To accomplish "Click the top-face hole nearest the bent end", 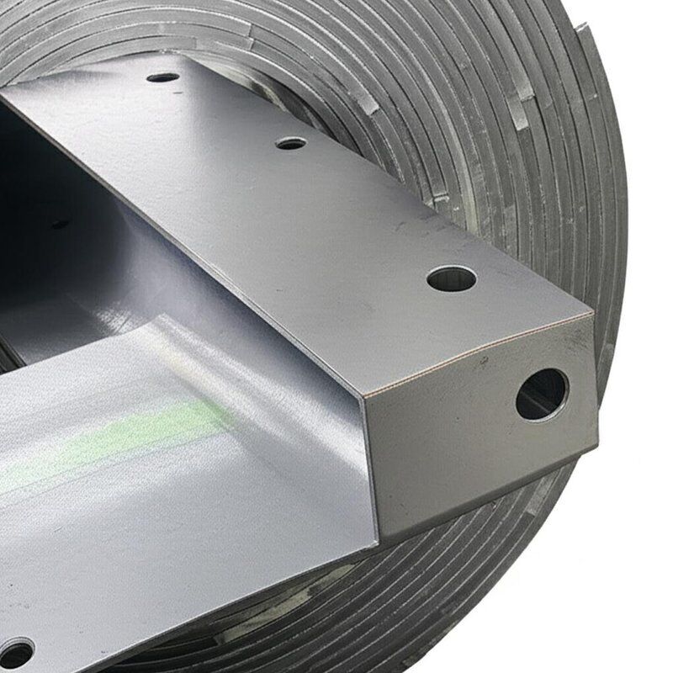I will pos(452,278).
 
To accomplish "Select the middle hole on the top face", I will pos(291,143).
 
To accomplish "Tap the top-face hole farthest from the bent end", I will pos(162,77).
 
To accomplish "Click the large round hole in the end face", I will pos(541,394).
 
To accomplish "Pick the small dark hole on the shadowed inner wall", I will pos(60,224).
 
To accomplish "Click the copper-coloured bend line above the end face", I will pos(480,353).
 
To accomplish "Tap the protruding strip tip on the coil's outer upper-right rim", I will pos(580,29).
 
